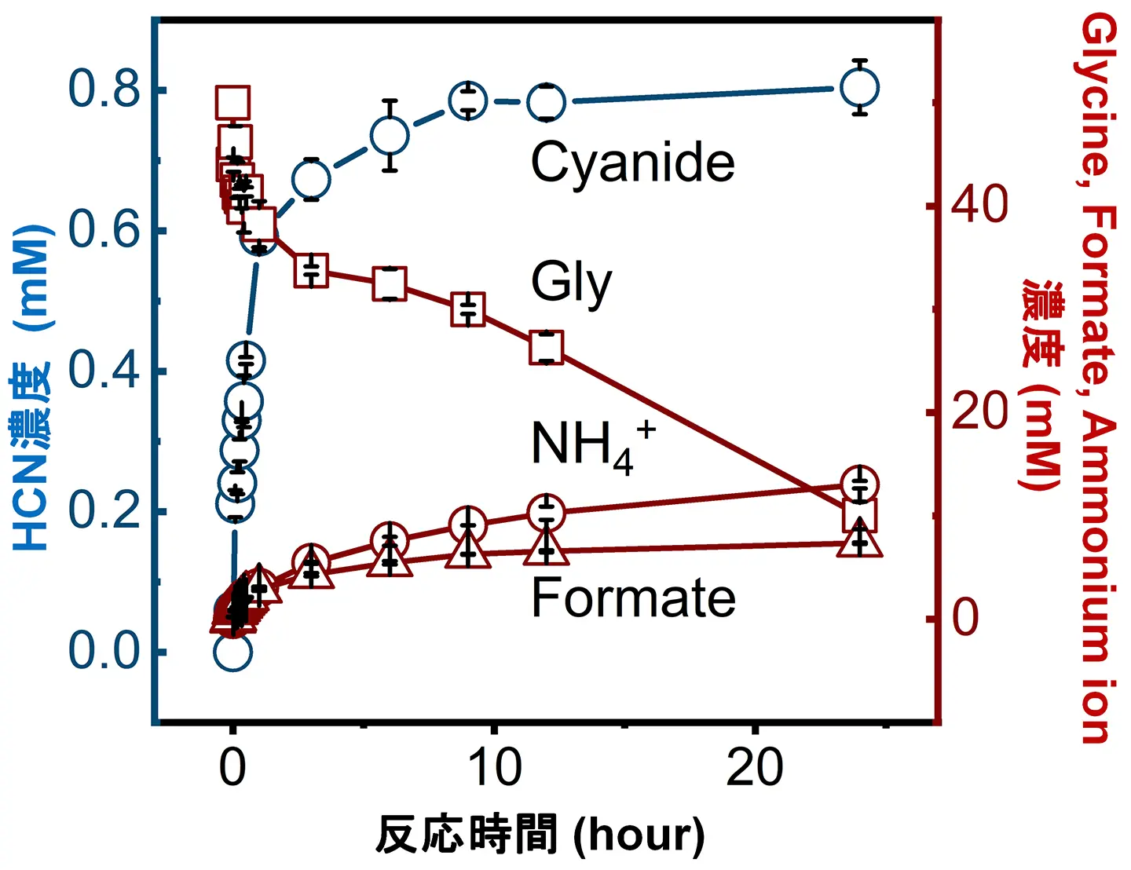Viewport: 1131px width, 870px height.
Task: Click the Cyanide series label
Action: pos(632,163)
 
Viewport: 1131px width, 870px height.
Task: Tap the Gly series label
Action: pos(571,283)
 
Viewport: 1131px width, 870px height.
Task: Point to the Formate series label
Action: pos(633,598)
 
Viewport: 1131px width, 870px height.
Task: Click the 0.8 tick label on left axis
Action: pos(104,89)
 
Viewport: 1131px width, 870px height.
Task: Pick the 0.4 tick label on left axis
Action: pos(104,370)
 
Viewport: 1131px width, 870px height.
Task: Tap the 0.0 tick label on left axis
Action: pos(104,651)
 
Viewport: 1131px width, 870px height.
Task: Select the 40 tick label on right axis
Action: pos(979,205)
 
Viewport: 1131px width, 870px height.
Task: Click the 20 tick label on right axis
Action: pos(979,411)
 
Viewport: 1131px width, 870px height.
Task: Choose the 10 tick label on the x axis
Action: pos(494,767)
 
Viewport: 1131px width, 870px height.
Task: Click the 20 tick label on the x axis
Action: pos(755,767)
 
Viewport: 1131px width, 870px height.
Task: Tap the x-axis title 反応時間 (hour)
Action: pos(540,835)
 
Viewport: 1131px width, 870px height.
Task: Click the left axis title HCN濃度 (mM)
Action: pos(32,387)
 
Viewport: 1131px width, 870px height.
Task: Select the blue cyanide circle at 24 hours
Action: pos(859,87)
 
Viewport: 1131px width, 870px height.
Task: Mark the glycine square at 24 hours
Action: pos(859,516)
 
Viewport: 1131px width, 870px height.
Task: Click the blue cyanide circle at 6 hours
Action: pos(390,136)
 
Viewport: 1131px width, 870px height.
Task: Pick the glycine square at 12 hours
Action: pos(546,348)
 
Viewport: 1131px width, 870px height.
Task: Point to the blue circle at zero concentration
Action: pos(232,652)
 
